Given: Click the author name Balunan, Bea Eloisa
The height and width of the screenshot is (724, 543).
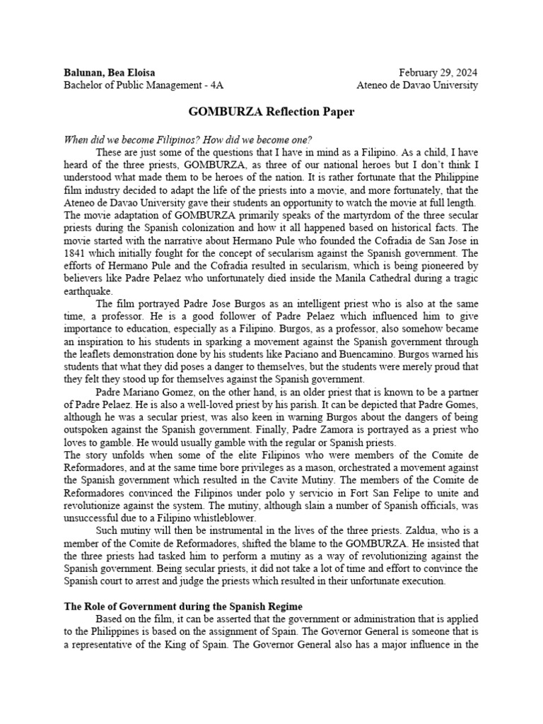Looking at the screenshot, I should click(110, 72).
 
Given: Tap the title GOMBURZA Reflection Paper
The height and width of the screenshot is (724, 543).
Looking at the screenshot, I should click(271, 112).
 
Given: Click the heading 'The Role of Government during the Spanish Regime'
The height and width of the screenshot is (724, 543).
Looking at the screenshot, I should click(183, 607).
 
